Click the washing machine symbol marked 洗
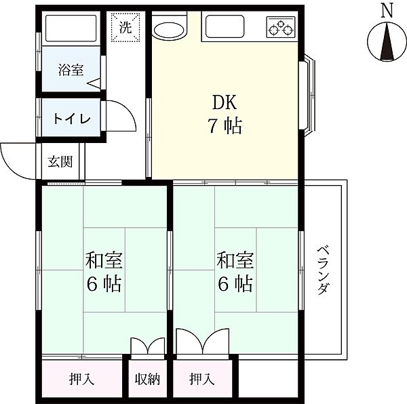coord(125,27)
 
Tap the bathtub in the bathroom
coord(71,28)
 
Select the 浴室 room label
coord(71,70)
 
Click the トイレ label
coord(72,119)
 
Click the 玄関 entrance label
coord(60,161)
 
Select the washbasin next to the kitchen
coord(170,28)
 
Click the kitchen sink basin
coord(225,26)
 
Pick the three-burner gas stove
coord(281,27)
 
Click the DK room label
coord(225,102)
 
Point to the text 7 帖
coord(225,126)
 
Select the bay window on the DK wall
coord(307,95)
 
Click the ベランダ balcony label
coord(324,270)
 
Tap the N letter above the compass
coord(387,11)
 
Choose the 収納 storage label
coord(147,380)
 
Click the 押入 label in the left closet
coord(81,379)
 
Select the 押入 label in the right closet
coord(201,379)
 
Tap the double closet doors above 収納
coord(148,346)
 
